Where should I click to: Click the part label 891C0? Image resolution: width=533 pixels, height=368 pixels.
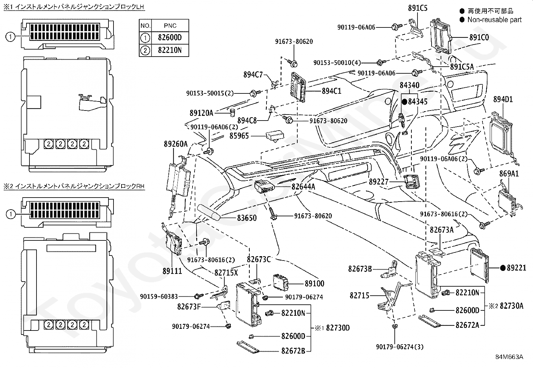tap(479, 38)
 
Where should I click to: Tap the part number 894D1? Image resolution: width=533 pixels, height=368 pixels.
tap(503, 99)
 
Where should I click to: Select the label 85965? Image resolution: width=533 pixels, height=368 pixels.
tap(239, 136)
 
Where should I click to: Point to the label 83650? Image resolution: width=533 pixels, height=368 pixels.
tap(247, 218)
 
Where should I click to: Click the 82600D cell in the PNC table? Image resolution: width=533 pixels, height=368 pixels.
tap(170, 38)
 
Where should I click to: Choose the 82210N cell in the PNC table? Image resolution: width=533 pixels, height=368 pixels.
tap(170, 50)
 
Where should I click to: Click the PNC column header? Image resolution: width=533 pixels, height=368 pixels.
tap(170, 25)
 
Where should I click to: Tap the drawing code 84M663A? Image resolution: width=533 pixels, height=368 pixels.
tap(509, 357)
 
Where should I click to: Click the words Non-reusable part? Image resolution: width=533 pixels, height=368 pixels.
tap(494, 20)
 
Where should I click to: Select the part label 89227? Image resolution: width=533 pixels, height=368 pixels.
tap(379, 182)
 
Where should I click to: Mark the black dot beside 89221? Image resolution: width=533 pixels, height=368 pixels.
tap(503, 268)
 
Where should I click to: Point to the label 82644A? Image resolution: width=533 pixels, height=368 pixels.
tap(303, 187)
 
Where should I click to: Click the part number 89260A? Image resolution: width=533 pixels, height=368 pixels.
tap(176, 144)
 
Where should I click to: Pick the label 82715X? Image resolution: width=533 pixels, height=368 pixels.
tap(226, 273)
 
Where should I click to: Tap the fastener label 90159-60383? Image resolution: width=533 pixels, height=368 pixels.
tap(159, 297)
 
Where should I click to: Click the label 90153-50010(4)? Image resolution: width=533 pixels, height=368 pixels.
tap(337, 63)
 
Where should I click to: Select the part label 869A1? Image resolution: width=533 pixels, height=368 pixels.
tap(509, 174)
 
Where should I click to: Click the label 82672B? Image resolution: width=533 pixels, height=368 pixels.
tap(293, 351)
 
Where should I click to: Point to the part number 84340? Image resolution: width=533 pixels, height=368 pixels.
tap(409, 85)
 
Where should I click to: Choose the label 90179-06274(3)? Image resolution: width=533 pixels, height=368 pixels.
tap(400, 347)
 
